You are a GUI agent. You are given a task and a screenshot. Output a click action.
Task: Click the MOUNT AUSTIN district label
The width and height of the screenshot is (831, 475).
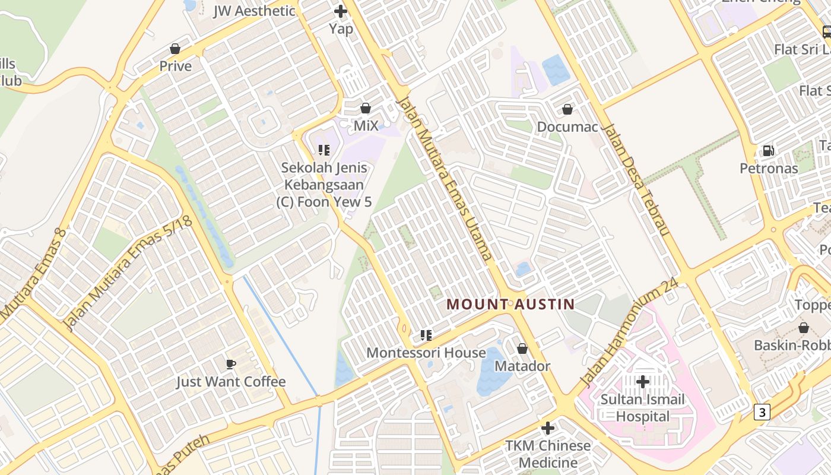510,305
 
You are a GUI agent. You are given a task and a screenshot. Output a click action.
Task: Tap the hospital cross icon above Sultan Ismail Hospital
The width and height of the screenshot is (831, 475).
642,382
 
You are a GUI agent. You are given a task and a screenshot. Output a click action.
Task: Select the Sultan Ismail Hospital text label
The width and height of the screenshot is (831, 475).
642,408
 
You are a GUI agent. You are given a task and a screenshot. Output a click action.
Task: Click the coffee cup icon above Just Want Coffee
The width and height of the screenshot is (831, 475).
231,363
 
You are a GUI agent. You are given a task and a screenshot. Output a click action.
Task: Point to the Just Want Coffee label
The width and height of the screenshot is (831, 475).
231,382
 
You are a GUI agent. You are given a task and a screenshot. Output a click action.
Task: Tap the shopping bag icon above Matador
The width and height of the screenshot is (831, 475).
522,349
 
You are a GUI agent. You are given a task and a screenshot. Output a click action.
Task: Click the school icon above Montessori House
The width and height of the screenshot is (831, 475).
426,335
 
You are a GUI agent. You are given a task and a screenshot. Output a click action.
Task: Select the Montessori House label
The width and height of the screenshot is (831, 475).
426,353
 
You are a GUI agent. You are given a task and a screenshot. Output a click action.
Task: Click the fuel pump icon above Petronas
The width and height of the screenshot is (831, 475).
768,151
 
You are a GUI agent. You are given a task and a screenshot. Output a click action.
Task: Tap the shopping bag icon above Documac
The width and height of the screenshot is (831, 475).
567,109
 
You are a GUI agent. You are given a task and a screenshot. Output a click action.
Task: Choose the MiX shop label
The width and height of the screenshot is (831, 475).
366,126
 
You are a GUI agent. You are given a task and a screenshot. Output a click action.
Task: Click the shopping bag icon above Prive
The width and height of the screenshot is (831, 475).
175,49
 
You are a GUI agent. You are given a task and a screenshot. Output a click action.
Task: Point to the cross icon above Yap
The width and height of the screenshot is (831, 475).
341,11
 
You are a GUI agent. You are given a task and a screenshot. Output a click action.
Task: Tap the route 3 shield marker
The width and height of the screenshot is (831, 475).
762,411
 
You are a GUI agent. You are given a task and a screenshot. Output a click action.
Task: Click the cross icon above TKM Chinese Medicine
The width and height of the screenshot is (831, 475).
548,427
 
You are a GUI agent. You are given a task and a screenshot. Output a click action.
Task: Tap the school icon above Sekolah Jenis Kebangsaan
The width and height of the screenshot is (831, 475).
323,150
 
